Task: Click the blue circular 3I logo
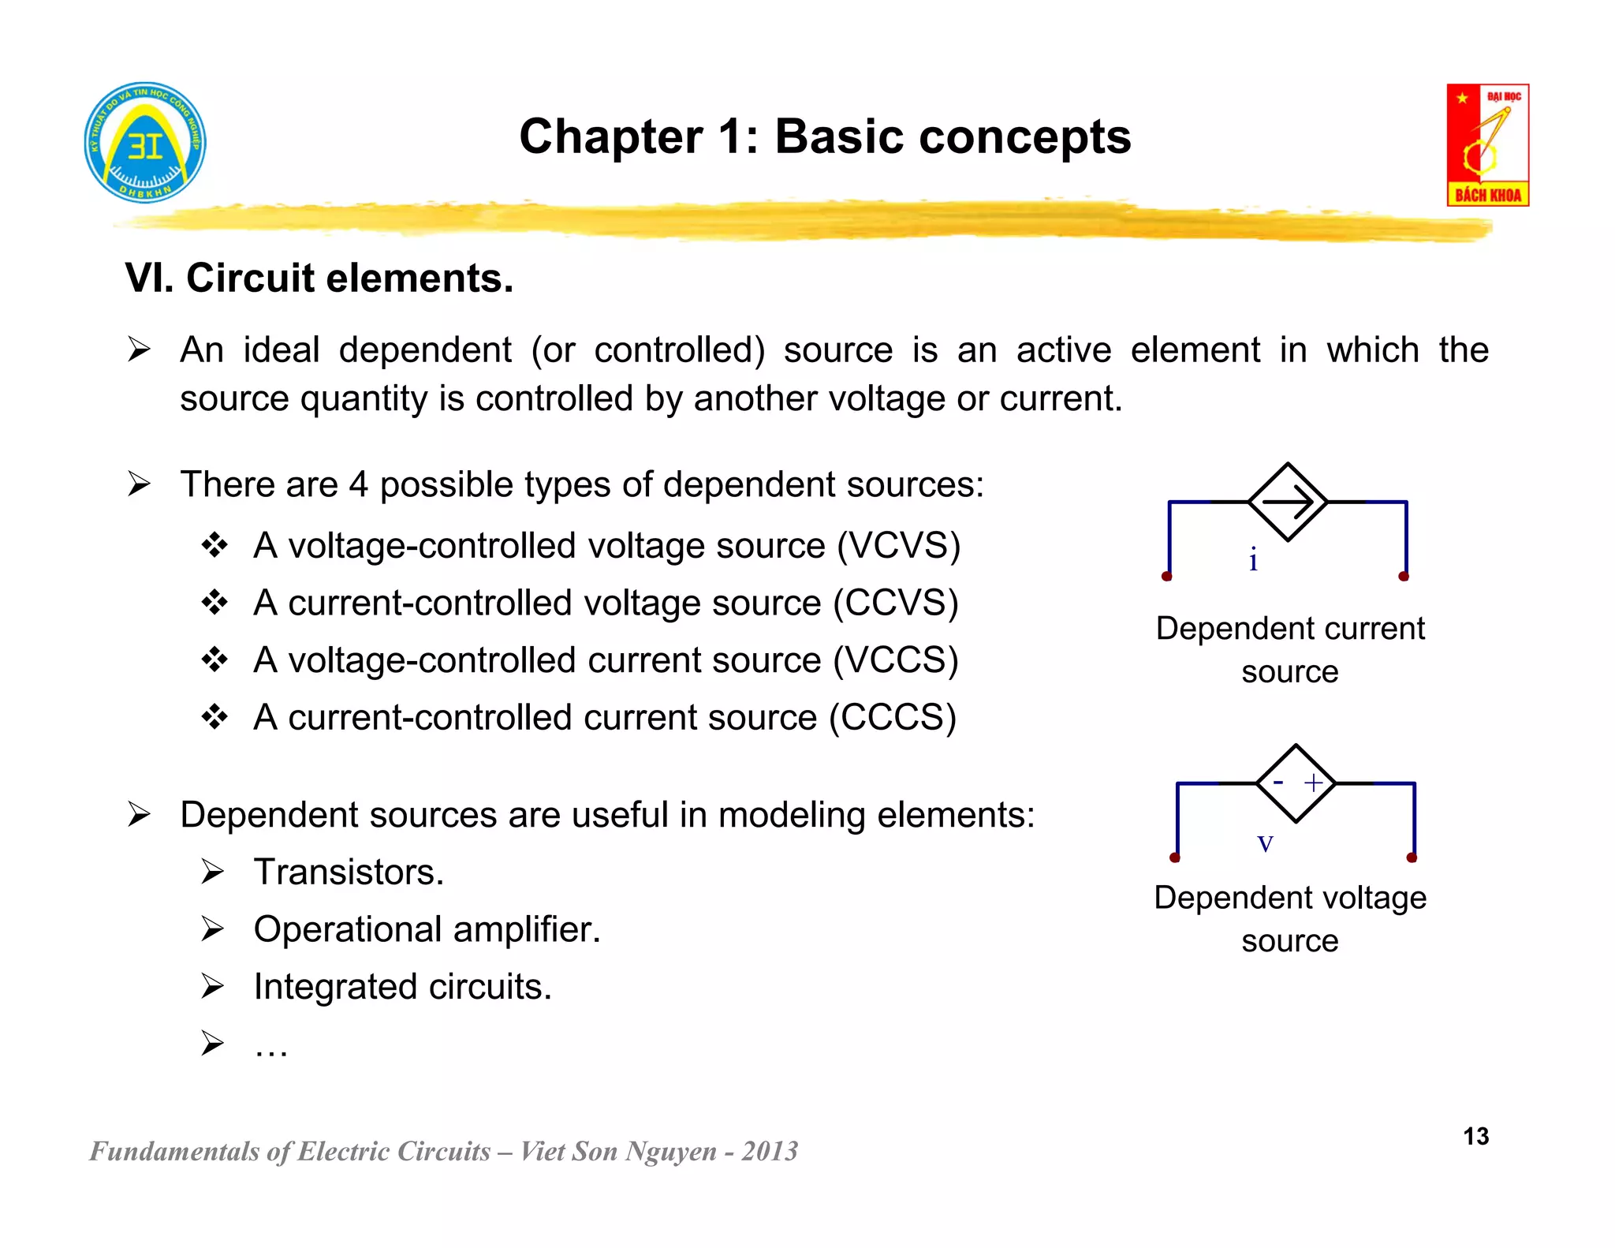pos(145,143)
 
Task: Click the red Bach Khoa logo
pos(1487,145)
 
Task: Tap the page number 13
pos(1475,1136)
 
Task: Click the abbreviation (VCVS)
pos(898,546)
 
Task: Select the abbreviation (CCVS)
pos(896,603)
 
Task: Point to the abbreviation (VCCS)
pos(896,660)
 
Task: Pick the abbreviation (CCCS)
pos(893,718)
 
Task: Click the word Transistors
pos(349,872)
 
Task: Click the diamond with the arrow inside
pos(1288,502)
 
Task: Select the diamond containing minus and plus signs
pos(1296,783)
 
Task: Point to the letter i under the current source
pos(1253,559)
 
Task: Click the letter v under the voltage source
pos(1265,843)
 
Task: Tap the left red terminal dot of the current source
pos(1167,577)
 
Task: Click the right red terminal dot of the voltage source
pos(1412,858)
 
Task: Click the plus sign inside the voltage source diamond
pos(1313,783)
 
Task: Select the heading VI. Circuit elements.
pos(319,278)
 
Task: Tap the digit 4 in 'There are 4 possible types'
pos(358,484)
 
